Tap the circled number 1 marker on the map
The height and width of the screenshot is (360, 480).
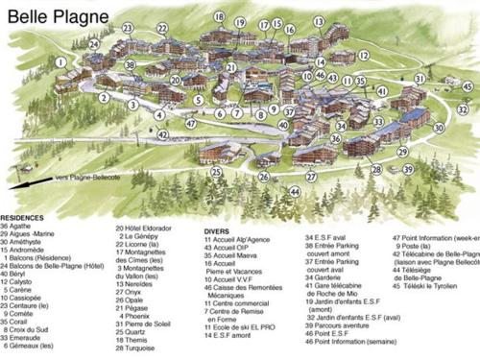pyautogui.click(x=60, y=62)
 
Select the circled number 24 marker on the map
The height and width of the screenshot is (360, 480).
pyautogui.click(x=94, y=44)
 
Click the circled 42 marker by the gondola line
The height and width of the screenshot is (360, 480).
pyautogui.click(x=162, y=134)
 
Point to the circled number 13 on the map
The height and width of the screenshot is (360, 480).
pyautogui.click(x=319, y=21)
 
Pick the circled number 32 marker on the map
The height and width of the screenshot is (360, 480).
pyautogui.click(x=462, y=109)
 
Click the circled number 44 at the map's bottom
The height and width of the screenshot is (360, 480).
pyautogui.click(x=295, y=191)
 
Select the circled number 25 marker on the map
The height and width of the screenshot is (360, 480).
pyautogui.click(x=217, y=173)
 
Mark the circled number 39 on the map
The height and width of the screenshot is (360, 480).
pyautogui.click(x=408, y=169)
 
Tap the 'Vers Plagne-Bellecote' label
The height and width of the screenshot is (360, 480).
pyautogui.click(x=88, y=177)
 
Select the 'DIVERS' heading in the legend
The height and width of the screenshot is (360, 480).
pyautogui.click(x=217, y=231)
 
